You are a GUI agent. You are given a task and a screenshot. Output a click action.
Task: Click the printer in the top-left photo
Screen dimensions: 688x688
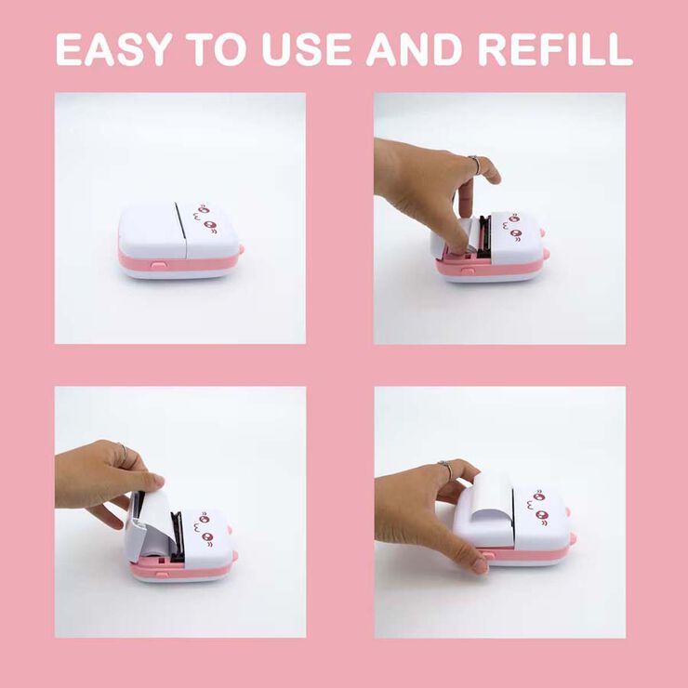179,240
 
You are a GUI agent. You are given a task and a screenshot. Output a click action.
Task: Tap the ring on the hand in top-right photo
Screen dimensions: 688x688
475,165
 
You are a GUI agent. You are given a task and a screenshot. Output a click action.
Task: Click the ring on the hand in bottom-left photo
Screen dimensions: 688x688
123,454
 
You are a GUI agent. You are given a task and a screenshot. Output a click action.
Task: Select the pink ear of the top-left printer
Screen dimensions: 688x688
241,249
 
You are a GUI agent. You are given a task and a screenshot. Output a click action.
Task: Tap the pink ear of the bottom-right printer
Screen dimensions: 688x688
572,538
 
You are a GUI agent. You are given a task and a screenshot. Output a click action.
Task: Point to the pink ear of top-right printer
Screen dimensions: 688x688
546,253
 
